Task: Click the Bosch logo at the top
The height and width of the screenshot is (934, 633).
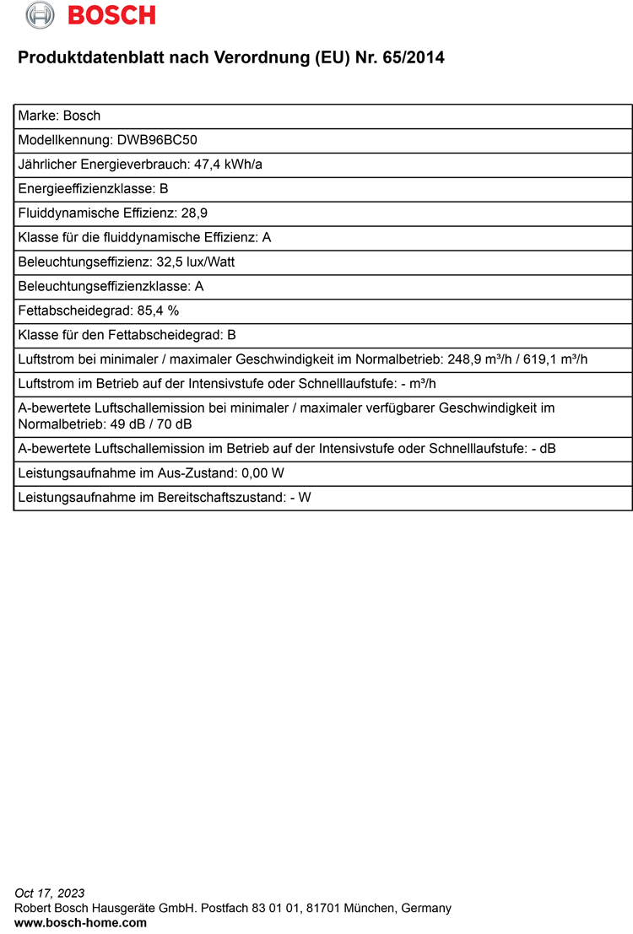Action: coord(91,14)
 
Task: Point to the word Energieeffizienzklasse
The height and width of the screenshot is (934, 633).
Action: coord(87,189)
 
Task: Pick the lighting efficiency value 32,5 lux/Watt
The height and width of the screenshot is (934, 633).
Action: coord(196,262)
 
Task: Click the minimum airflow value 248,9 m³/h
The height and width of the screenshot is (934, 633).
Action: coord(475,359)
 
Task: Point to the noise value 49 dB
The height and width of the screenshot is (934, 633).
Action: coord(122,424)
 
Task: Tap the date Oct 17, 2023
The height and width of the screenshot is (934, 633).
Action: coord(50,894)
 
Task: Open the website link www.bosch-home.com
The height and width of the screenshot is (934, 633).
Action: coord(81,923)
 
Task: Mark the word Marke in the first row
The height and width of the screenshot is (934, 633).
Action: coord(37,116)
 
